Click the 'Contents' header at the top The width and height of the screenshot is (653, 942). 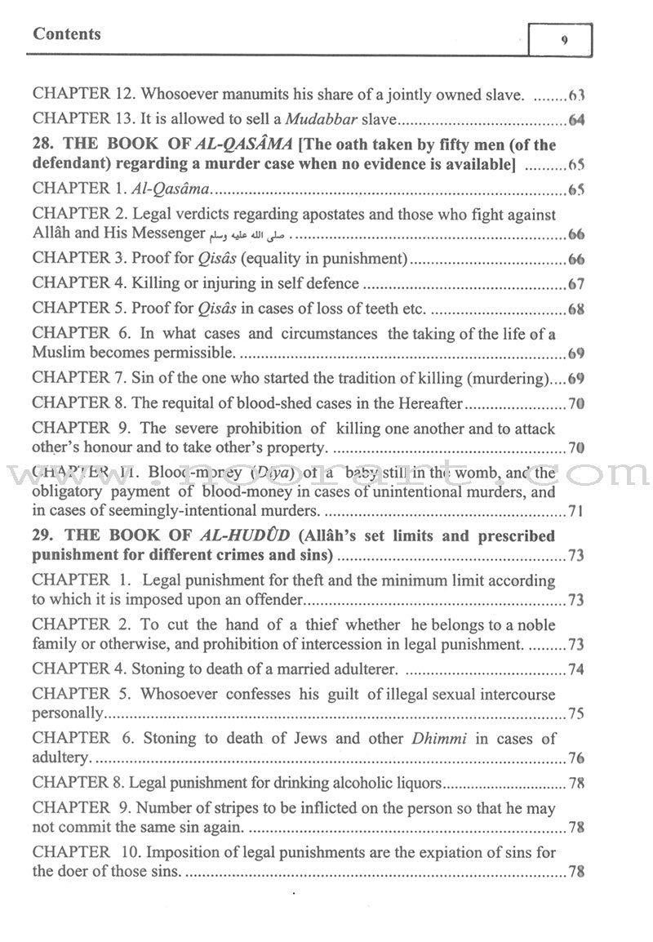click(67, 34)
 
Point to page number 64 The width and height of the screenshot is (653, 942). click(576, 121)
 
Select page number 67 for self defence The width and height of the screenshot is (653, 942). click(576, 283)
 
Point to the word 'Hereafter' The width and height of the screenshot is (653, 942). click(422, 402)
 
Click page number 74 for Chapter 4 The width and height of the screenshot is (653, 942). click(576, 669)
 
